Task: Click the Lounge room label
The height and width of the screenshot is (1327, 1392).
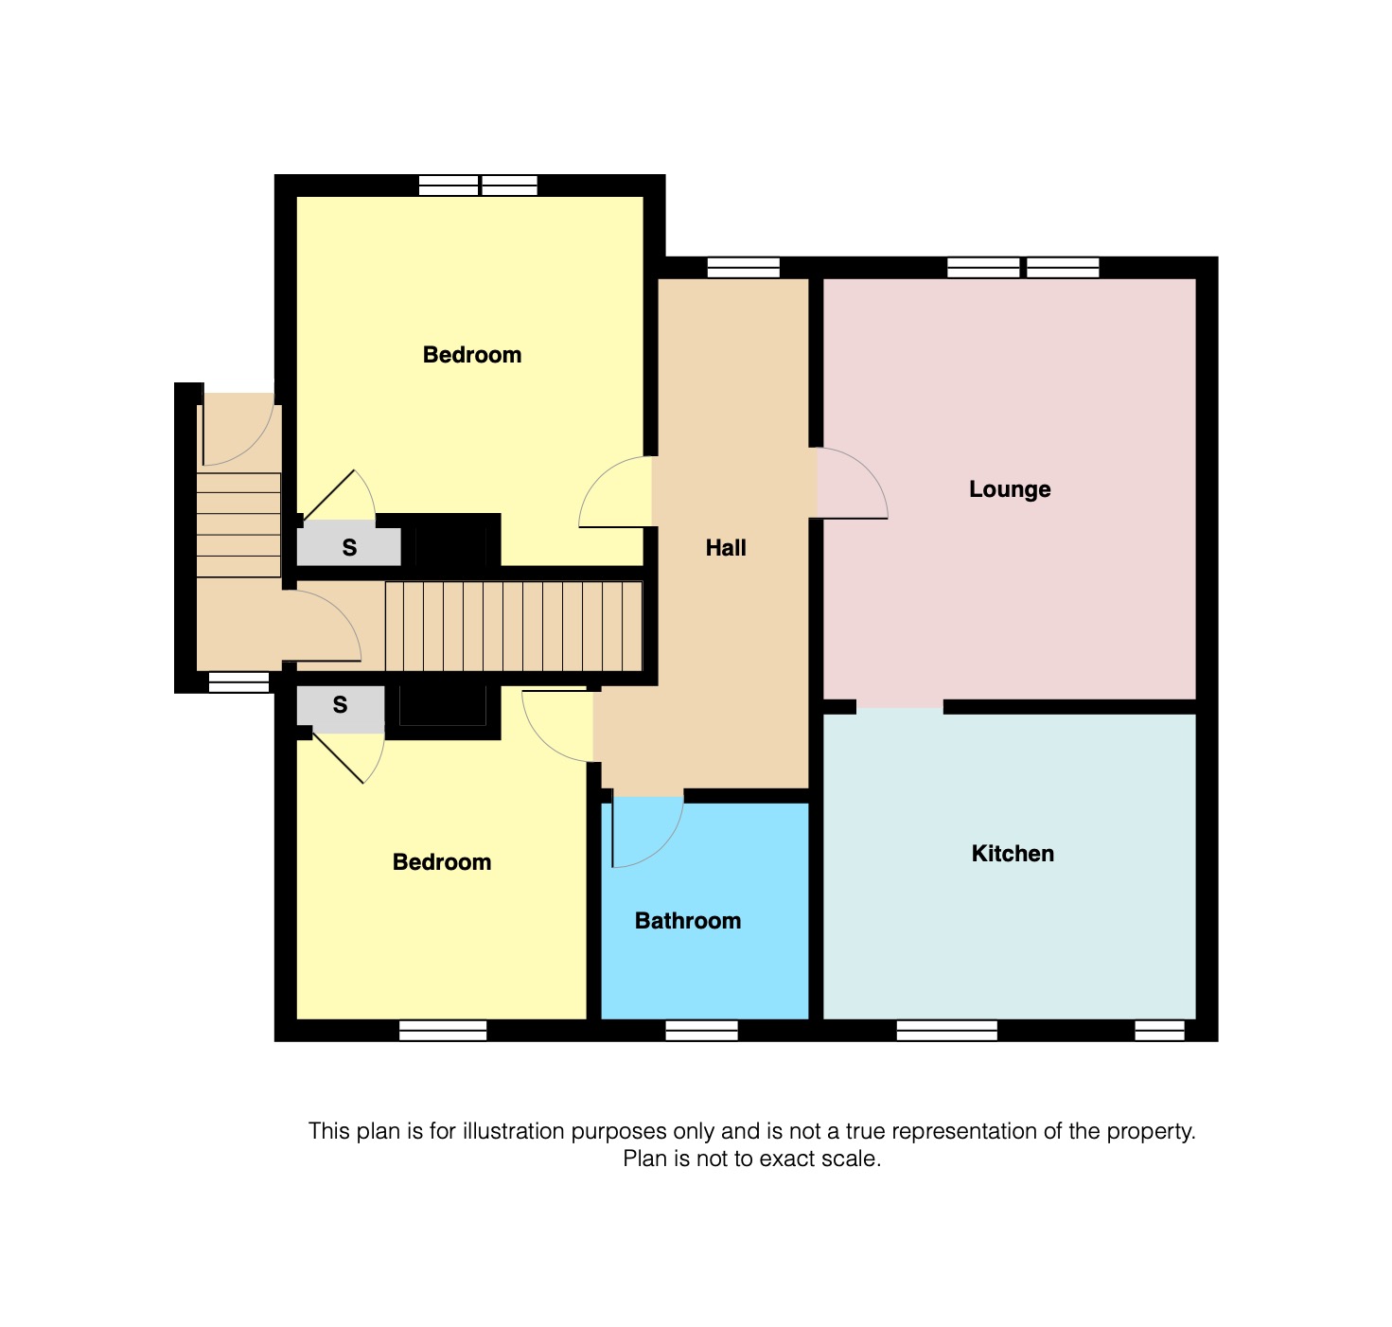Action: (1010, 489)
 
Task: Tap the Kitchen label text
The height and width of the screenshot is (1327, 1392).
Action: (1013, 854)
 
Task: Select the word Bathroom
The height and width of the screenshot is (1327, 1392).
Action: (688, 921)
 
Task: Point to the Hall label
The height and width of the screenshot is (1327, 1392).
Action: (726, 548)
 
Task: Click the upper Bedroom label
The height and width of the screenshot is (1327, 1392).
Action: (472, 355)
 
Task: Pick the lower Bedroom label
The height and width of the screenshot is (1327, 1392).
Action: (442, 862)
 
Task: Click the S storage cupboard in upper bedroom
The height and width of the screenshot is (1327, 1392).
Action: (349, 547)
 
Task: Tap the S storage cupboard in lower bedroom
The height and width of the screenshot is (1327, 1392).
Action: (341, 706)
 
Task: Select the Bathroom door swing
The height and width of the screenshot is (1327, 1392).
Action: (648, 833)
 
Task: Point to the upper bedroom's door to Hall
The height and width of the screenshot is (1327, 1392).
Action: (615, 492)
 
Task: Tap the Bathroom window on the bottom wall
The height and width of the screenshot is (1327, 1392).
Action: (701, 1031)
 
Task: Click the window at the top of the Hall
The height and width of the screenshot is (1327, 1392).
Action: (743, 267)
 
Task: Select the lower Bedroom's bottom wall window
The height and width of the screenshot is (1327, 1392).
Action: (443, 1031)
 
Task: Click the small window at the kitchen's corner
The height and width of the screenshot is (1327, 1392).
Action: (1159, 1031)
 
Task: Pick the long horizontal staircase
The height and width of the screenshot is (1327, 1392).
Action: (514, 626)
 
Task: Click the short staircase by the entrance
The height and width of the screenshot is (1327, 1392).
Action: (238, 524)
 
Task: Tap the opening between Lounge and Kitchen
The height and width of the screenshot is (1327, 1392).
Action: (900, 707)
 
